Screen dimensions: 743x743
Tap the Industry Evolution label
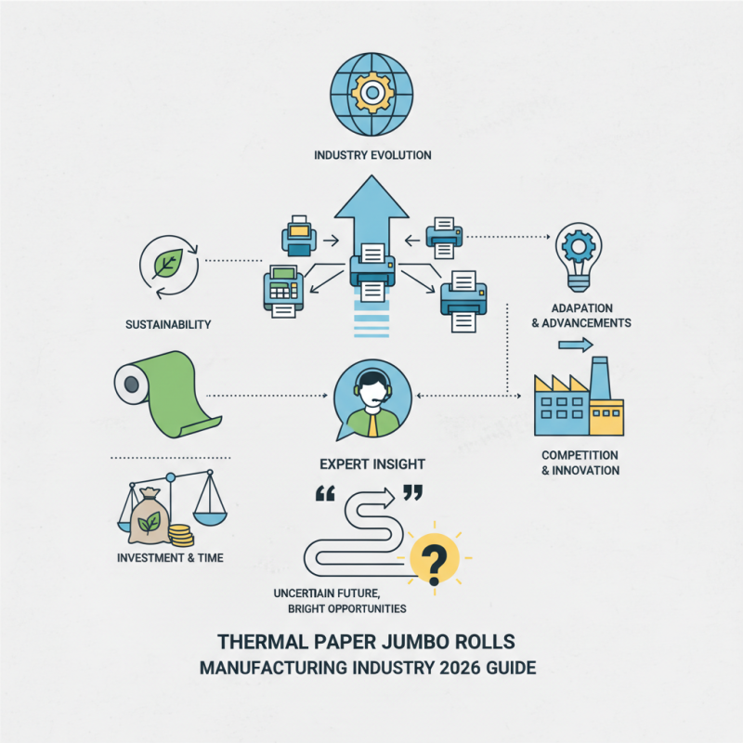click(x=371, y=155)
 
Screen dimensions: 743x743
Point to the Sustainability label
click(x=167, y=325)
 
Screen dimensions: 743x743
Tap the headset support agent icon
click(x=371, y=400)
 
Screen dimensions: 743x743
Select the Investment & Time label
click(x=168, y=558)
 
